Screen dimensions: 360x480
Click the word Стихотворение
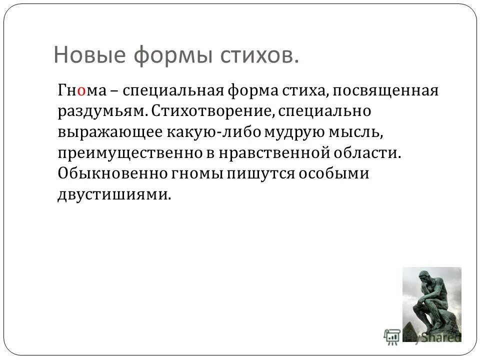click(x=211, y=111)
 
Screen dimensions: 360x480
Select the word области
click(x=367, y=152)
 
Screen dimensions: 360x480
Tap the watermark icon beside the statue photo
click(x=391, y=335)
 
